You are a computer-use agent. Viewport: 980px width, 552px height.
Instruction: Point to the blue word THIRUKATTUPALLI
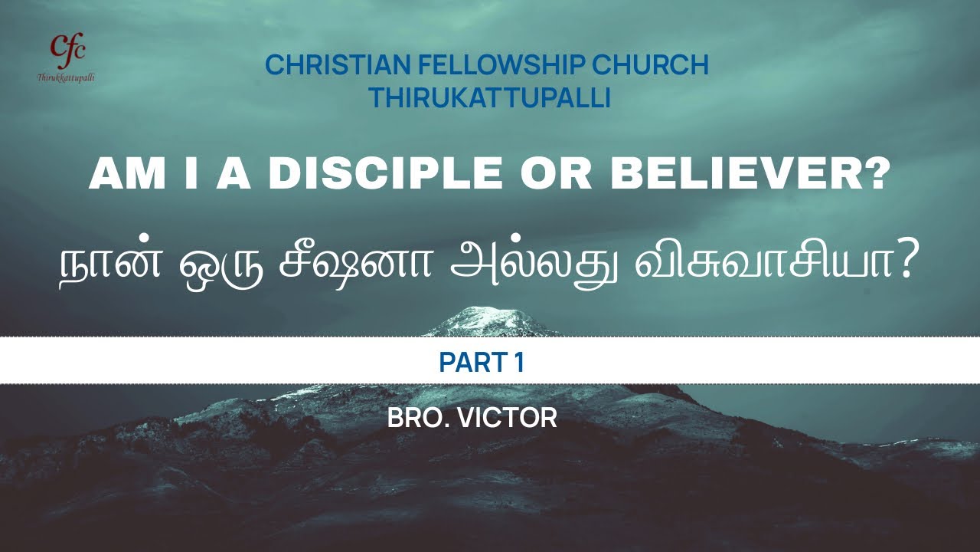tap(489, 98)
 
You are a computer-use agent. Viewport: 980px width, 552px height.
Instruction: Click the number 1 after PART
tap(519, 361)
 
